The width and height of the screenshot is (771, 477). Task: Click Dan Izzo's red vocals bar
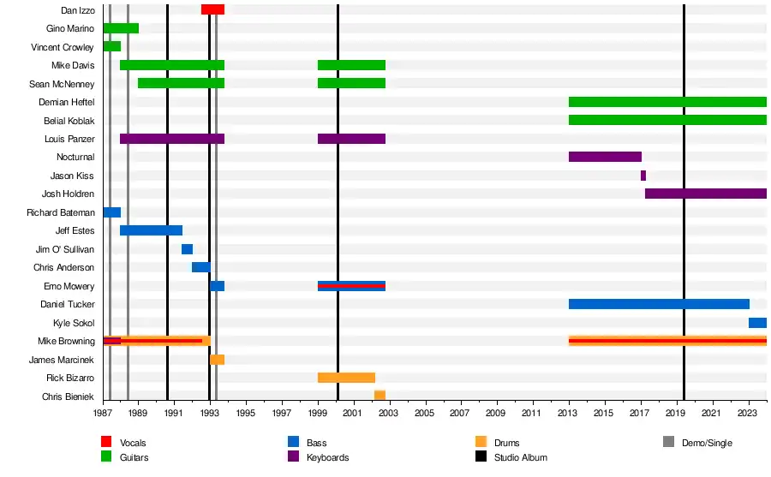pyautogui.click(x=212, y=9)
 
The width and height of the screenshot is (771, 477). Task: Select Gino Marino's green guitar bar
pyautogui.click(x=121, y=28)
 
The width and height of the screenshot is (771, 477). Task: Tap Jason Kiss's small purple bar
pyautogui.click(x=643, y=176)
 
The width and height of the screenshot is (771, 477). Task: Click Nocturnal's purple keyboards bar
pyautogui.click(x=605, y=157)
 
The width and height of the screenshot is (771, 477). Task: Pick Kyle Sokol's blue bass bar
pyautogui.click(x=757, y=323)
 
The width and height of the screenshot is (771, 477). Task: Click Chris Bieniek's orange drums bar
pyautogui.click(x=380, y=396)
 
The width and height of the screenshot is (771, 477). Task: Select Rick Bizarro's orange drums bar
pyautogui.click(x=346, y=378)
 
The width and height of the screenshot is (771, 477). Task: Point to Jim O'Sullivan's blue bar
pyautogui.click(x=187, y=249)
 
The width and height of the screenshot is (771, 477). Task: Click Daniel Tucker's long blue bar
pyautogui.click(x=659, y=304)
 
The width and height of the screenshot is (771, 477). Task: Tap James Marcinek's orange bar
pyautogui.click(x=218, y=360)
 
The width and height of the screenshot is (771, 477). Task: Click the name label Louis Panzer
pyautogui.click(x=69, y=139)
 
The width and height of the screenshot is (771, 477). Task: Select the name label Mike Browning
pyautogui.click(x=66, y=341)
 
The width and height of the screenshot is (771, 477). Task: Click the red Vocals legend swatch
pyautogui.click(x=106, y=442)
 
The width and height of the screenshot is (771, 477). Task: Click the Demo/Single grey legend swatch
pyautogui.click(x=669, y=442)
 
